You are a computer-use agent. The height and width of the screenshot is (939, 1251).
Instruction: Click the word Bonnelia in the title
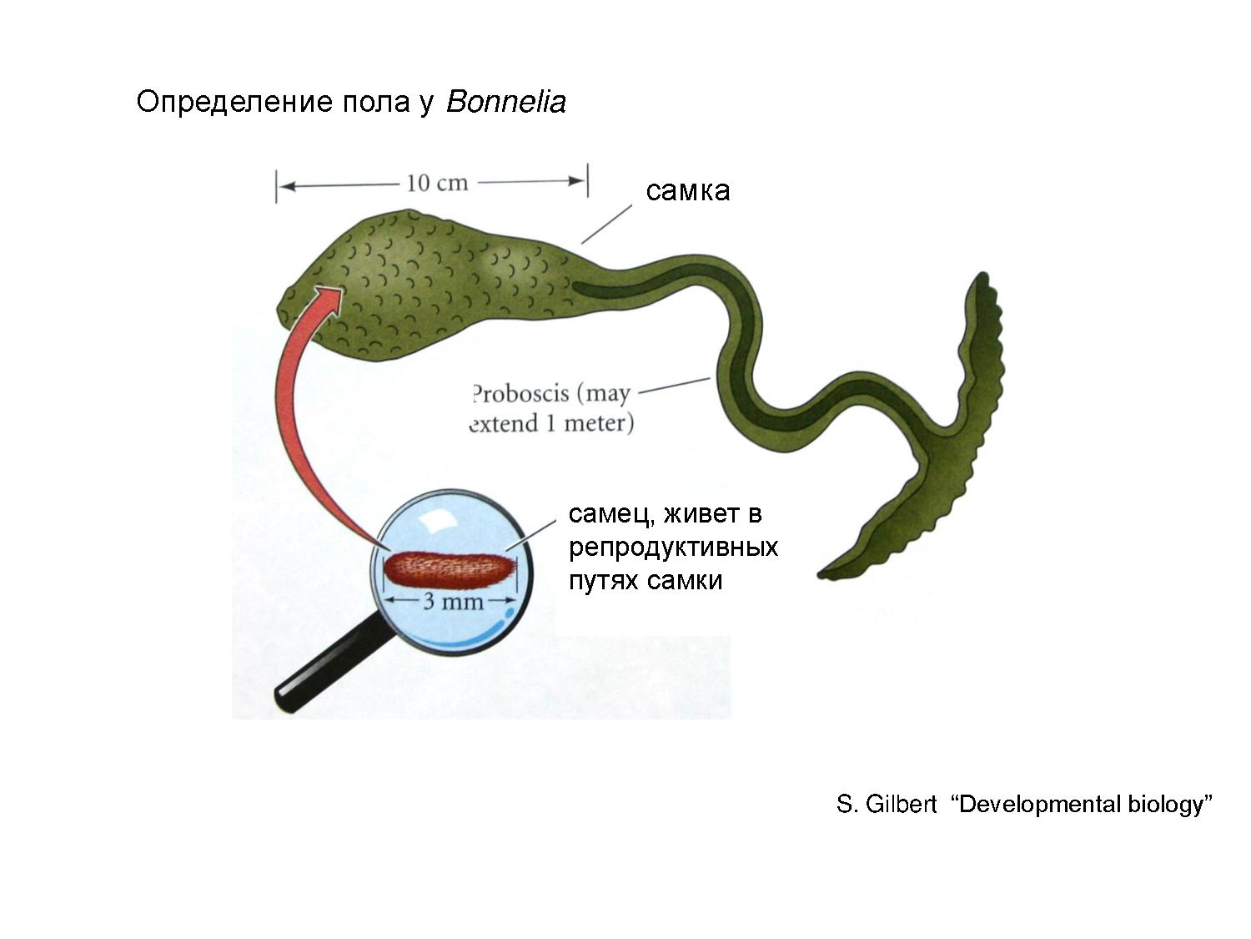pos(506,102)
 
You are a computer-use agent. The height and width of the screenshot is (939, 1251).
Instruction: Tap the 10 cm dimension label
pos(437,182)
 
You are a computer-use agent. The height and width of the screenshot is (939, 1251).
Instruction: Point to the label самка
pos(687,190)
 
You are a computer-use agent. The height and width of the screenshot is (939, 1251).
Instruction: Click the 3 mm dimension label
pos(453,601)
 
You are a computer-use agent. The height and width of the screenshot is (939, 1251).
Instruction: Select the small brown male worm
pos(450,569)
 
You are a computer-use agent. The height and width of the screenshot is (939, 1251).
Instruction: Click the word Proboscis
pos(520,393)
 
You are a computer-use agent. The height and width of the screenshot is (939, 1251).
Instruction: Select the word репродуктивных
pos(672,547)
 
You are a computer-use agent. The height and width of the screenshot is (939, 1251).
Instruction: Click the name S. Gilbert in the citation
pos(887,805)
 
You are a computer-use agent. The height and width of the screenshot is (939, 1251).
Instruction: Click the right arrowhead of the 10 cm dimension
pos(577,181)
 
